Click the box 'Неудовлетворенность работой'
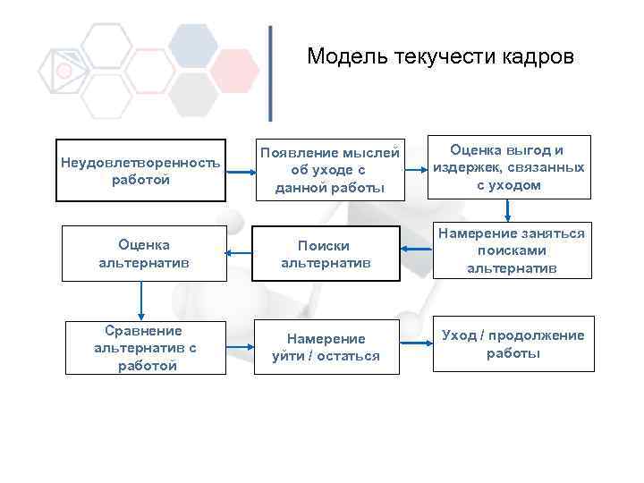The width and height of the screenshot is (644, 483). [140, 170]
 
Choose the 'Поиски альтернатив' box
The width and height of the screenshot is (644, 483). [324, 254]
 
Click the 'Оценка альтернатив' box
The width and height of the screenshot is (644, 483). [143, 254]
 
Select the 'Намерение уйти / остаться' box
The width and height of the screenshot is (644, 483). [326, 347]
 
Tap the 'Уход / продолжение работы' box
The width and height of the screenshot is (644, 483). [513, 343]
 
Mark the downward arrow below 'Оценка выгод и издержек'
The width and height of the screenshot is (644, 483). [508, 209]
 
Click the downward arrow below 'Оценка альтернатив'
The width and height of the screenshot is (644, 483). [141, 298]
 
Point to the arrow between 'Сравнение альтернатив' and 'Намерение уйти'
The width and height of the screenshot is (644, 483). [238, 345]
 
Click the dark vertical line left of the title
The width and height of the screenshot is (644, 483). [271, 73]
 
